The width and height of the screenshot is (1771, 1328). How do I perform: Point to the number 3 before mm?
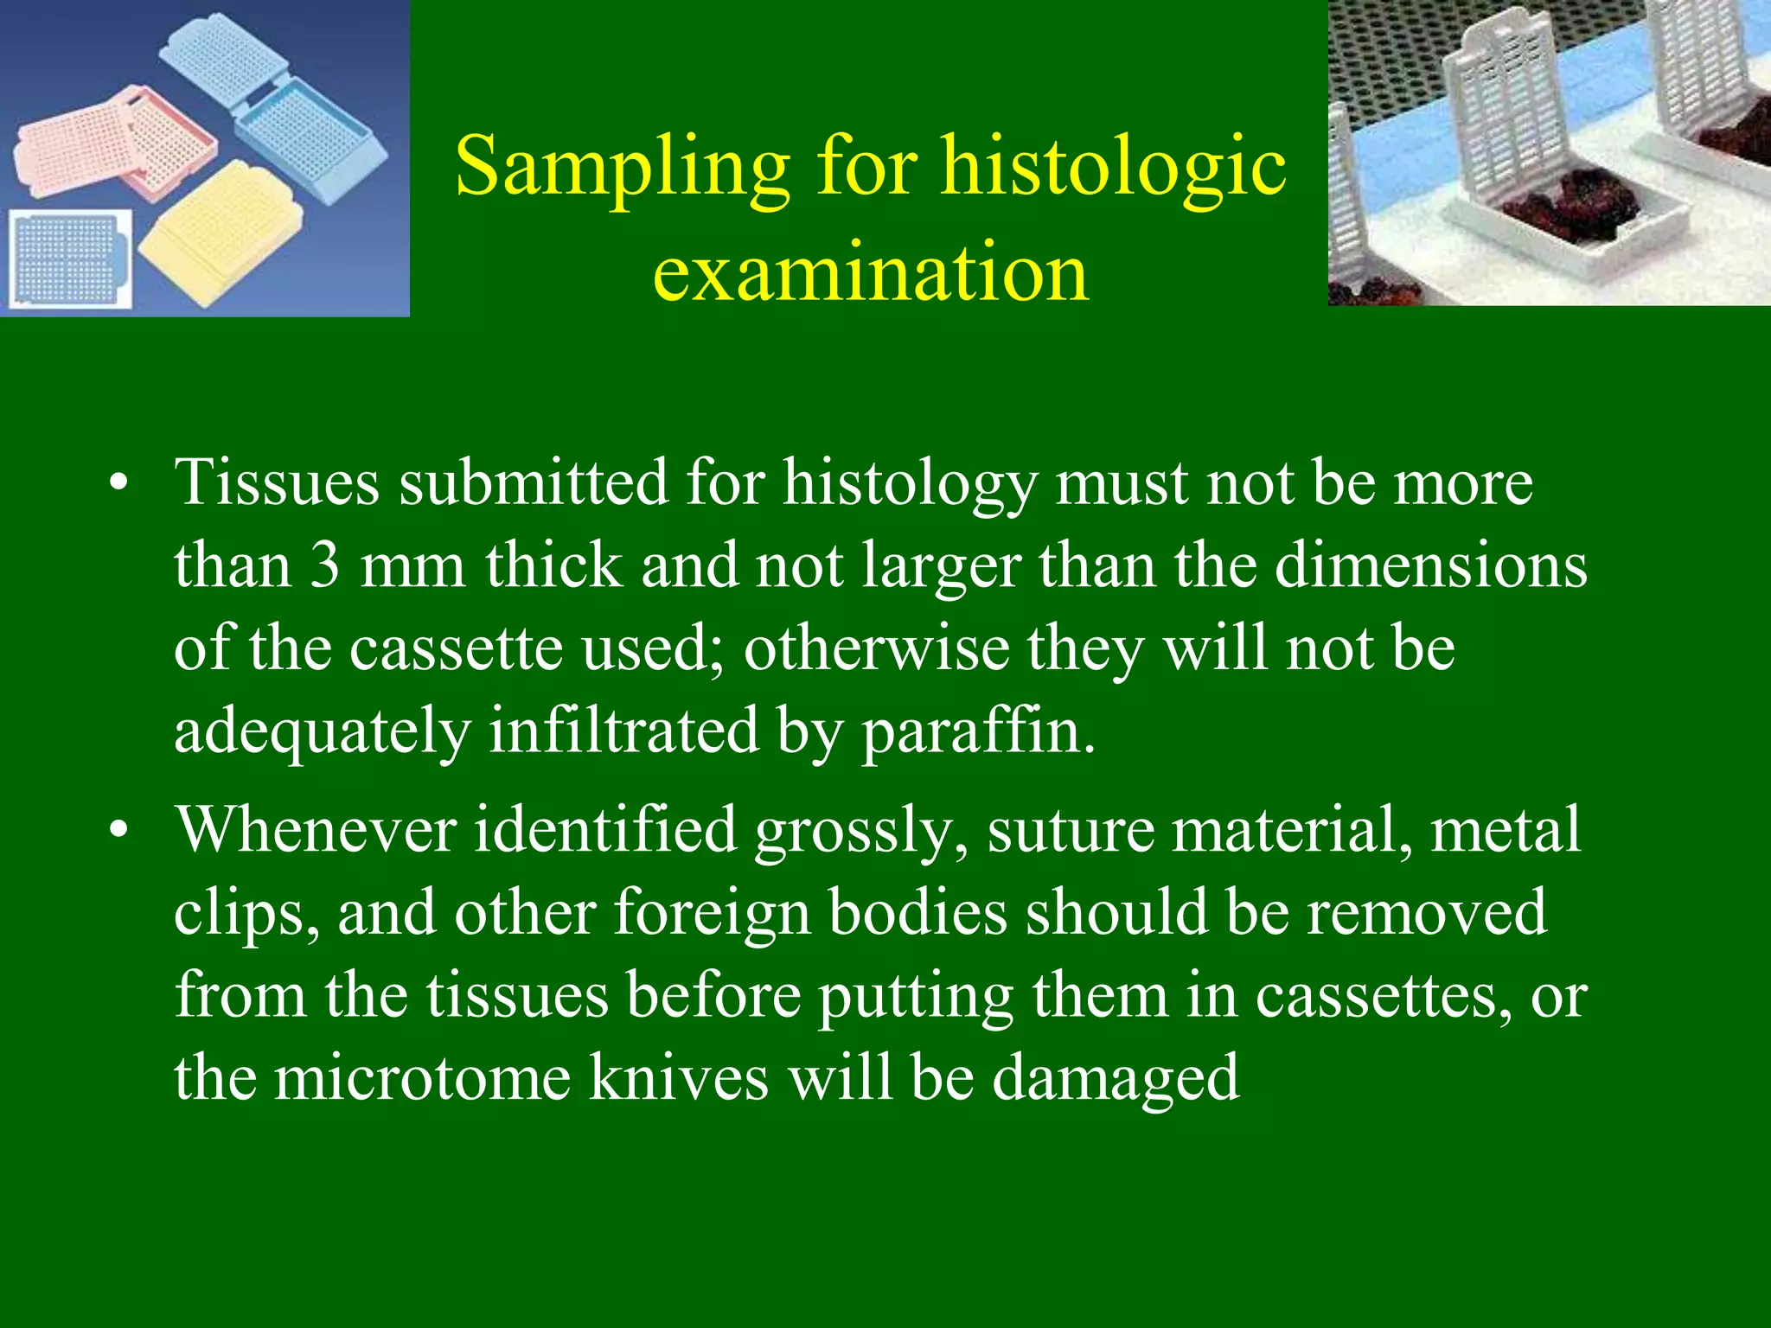pos(325,566)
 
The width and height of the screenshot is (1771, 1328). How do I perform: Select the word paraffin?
pos(977,731)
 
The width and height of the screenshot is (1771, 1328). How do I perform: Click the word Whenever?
pos(316,830)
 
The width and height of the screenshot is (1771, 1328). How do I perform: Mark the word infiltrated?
pos(623,731)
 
